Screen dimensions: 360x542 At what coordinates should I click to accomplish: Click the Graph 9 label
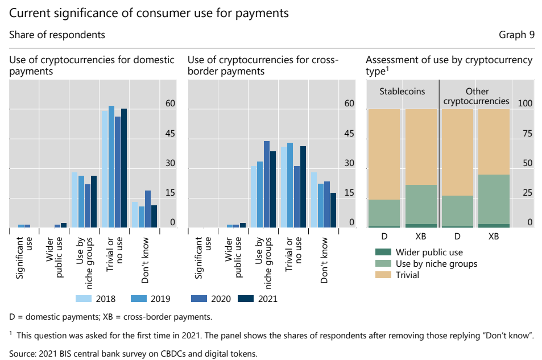pyautogui.click(x=516, y=35)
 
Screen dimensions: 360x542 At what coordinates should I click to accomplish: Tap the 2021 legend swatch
pyautogui.click(x=245, y=298)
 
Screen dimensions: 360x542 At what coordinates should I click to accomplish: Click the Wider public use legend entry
pyautogui.click(x=383, y=252)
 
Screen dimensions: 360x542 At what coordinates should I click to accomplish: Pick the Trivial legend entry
pyautogui.click(x=383, y=275)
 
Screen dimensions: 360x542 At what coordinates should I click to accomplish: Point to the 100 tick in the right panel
pyautogui.click(x=524, y=104)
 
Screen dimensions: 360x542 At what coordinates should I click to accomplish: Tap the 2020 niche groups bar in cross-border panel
pyautogui.click(x=267, y=184)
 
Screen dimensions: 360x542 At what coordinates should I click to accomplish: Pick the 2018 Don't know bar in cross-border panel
pyautogui.click(x=314, y=200)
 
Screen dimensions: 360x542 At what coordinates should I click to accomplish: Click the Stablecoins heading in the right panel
pyautogui.click(x=402, y=91)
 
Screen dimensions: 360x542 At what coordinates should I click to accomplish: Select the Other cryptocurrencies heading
pyautogui.click(x=476, y=96)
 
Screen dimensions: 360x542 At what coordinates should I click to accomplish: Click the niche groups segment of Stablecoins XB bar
pyautogui.click(x=421, y=204)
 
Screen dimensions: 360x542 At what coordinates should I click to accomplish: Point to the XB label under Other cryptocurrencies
pyautogui.click(x=494, y=235)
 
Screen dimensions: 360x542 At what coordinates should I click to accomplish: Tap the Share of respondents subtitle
pyautogui.click(x=57, y=35)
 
